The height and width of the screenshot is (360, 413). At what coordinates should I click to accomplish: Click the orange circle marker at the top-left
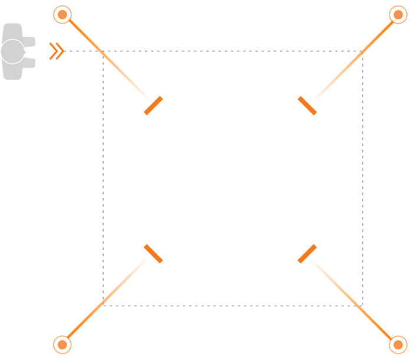pos(62,14)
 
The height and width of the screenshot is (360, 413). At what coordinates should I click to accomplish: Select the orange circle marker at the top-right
pos(398,14)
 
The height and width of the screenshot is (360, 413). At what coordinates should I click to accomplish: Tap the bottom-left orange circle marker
pos(62,345)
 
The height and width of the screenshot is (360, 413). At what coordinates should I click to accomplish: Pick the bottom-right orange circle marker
pos(398,345)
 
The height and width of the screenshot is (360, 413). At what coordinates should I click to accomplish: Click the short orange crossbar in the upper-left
pos(153,105)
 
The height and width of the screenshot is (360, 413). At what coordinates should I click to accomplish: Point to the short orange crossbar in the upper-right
pos(307,105)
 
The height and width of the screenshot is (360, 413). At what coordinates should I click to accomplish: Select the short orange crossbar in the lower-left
pos(153,253)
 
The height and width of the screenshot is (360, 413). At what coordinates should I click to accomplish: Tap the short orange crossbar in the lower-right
pos(307,253)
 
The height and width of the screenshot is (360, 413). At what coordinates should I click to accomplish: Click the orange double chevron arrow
pos(57,51)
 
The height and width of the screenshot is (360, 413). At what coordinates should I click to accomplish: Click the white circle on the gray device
pos(12,51)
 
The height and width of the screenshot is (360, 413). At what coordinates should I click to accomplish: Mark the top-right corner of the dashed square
pos(363,51)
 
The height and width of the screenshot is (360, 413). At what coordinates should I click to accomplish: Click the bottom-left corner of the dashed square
pos(103,305)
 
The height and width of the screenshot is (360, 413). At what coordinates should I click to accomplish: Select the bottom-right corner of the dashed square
pos(363,305)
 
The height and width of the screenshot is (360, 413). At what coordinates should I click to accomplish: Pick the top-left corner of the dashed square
pos(103,51)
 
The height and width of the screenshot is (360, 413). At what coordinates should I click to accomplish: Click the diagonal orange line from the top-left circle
pos(109,60)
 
